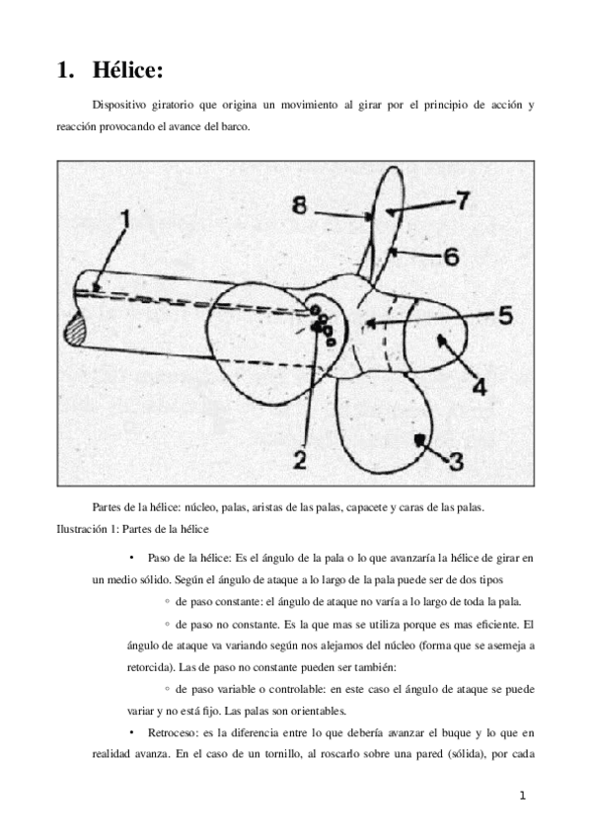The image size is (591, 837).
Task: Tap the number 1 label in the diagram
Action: (124, 215)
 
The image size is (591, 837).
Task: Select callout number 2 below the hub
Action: (300, 458)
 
